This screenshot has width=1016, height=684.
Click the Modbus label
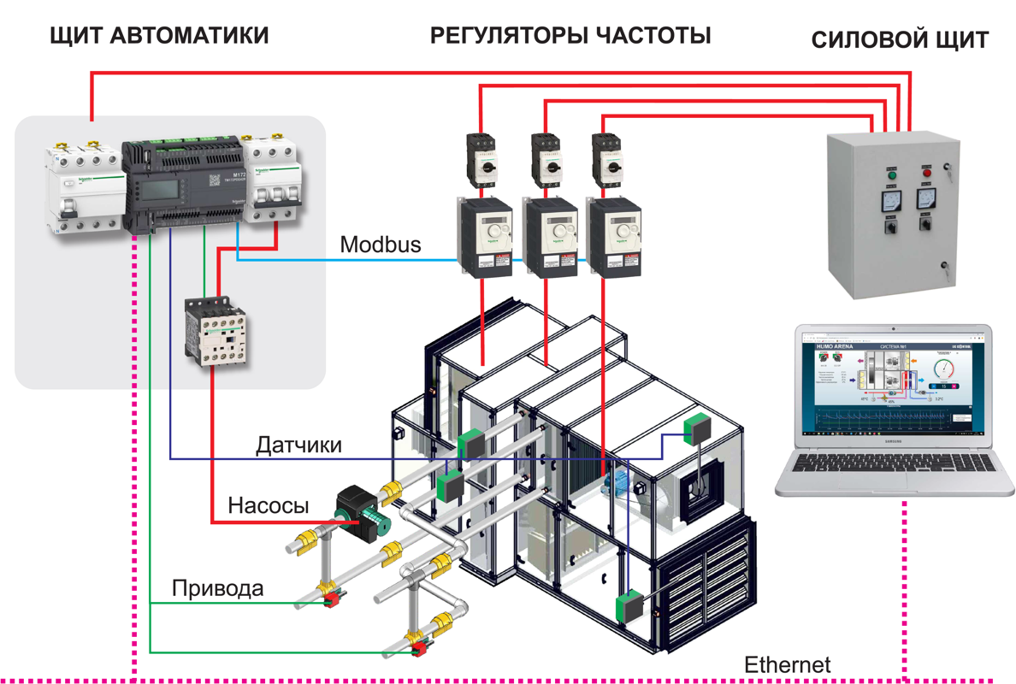click(x=381, y=245)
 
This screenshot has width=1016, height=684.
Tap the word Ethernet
click(x=787, y=664)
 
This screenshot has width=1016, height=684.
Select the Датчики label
click(x=299, y=445)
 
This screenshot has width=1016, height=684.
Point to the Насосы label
click(x=269, y=505)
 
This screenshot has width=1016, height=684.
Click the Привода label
click(x=218, y=588)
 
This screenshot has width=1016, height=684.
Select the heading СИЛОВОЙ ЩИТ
click(x=900, y=40)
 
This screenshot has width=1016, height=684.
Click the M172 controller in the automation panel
click(x=185, y=184)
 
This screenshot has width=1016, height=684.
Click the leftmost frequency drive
click(x=484, y=238)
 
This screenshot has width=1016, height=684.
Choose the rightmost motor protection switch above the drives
click(x=606, y=157)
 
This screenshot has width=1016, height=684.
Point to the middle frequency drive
click(x=548, y=238)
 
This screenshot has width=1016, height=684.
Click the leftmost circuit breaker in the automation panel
click(x=84, y=187)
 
